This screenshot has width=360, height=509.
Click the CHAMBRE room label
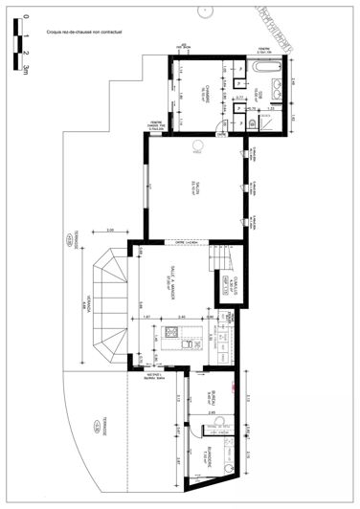point(204,91)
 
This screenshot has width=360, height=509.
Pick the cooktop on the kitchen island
point(173,334)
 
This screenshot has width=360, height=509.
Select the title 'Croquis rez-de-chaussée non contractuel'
point(91,33)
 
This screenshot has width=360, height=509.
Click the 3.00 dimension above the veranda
point(110,231)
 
